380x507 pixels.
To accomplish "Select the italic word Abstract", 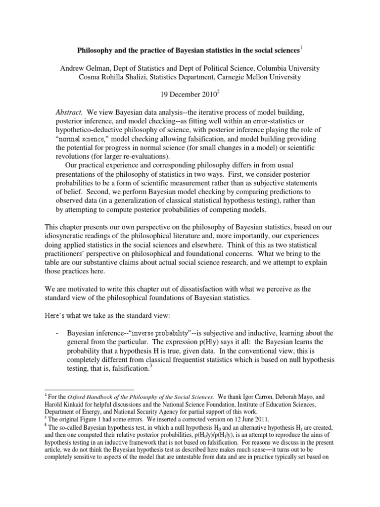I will coord(69,112).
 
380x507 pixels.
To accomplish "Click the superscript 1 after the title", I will coord(302,48).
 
